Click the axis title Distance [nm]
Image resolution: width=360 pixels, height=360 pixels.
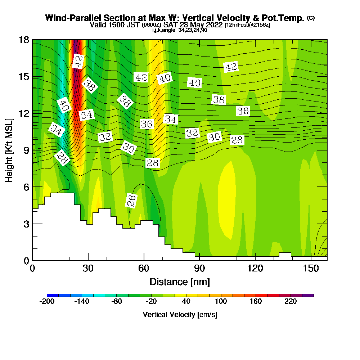pos(180,282)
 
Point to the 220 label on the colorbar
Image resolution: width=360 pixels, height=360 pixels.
pos(291,302)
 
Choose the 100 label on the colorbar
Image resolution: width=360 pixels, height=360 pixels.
pos(221,302)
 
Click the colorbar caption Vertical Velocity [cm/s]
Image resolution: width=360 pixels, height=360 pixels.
pos(180,315)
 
